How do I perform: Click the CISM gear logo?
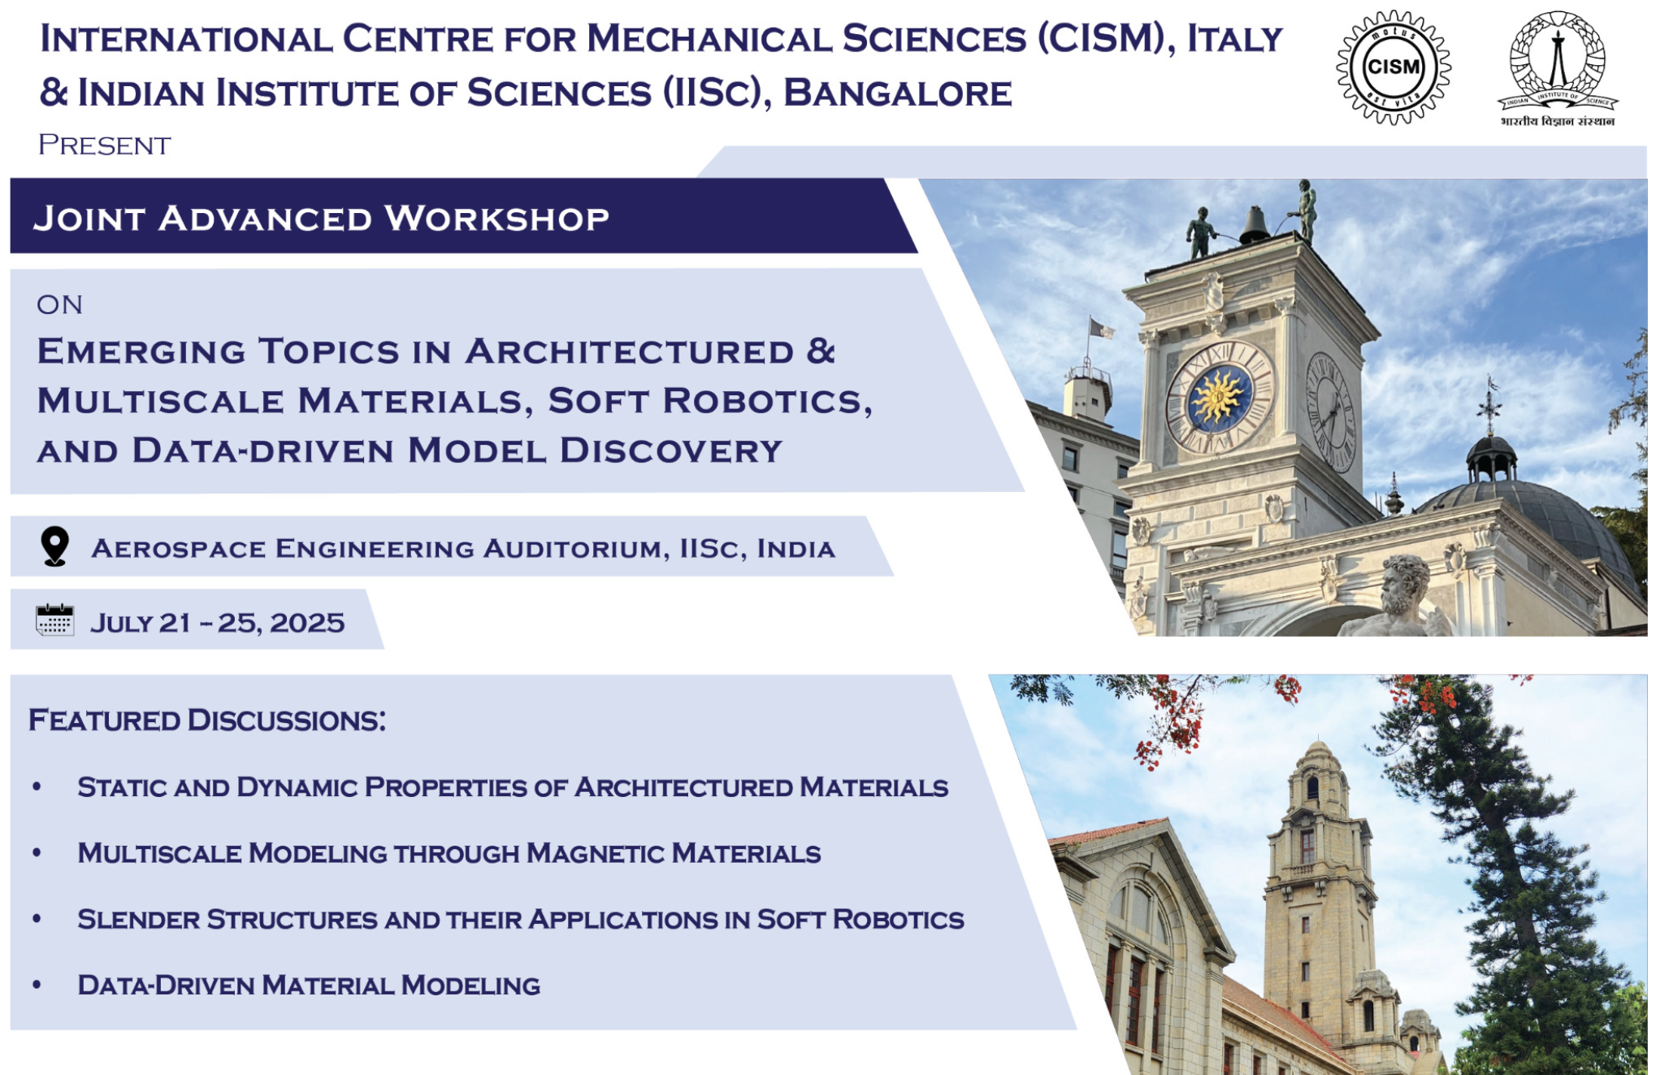(x=1394, y=67)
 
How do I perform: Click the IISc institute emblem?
(x=1557, y=69)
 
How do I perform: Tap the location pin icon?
(x=54, y=546)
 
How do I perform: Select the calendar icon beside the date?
(x=55, y=620)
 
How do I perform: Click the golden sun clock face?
(x=1219, y=398)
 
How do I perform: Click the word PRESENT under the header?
(x=105, y=146)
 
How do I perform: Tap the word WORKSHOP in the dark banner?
(x=496, y=219)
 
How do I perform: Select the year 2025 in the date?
(x=307, y=623)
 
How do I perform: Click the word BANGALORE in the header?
(x=898, y=93)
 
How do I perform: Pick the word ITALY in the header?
(x=1235, y=39)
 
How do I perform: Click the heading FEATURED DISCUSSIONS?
(x=207, y=720)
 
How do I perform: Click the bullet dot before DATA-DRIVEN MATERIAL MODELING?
(x=37, y=985)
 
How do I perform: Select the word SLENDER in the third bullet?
(x=139, y=919)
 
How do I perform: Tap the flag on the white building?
(x=1102, y=329)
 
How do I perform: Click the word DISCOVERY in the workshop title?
(x=671, y=450)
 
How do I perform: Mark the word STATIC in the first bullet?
(x=122, y=787)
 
